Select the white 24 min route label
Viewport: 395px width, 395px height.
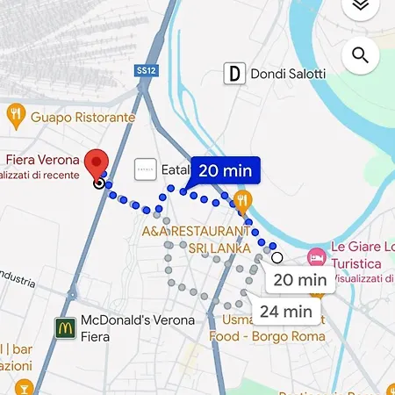click(286, 311)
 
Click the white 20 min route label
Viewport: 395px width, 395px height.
click(299, 281)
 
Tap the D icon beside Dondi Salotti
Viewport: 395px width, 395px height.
click(233, 74)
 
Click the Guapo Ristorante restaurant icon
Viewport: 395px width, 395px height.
click(15, 113)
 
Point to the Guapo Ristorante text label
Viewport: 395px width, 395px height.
click(83, 117)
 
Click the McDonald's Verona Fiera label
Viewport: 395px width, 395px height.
click(136, 327)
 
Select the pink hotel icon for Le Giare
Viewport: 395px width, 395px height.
click(315, 256)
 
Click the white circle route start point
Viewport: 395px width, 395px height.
click(277, 257)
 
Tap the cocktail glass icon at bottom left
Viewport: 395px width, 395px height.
click(24, 387)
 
